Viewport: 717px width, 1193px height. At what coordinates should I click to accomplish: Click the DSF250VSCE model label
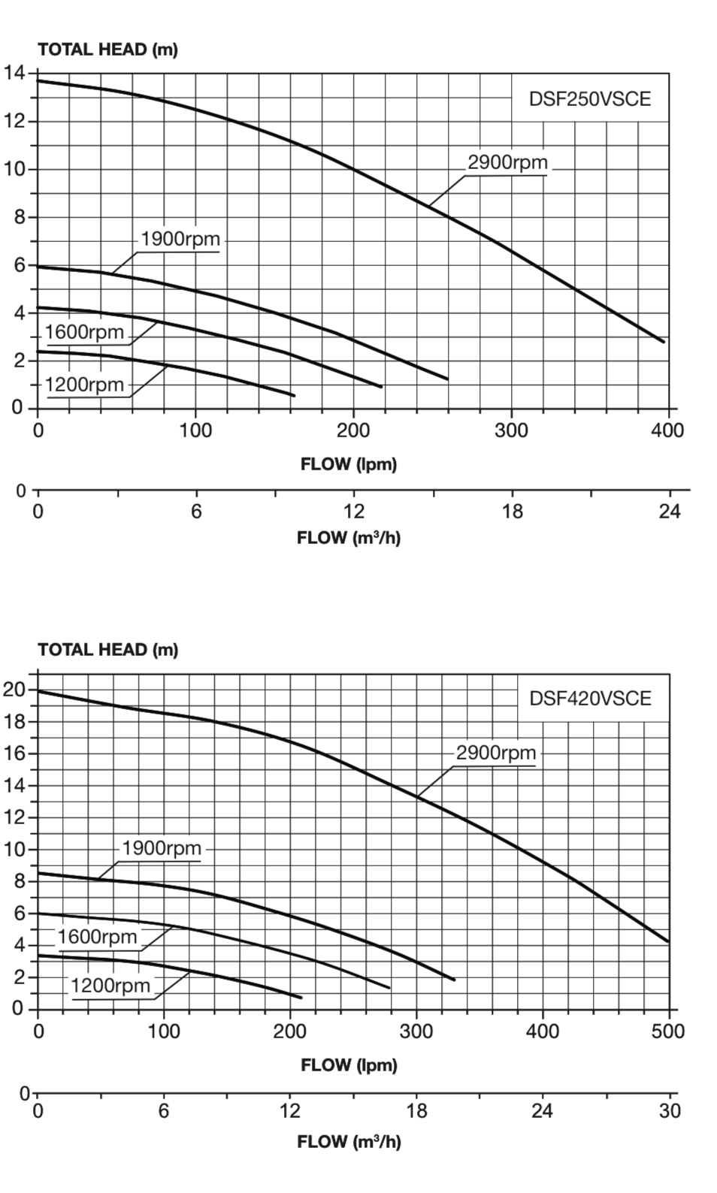pos(590,99)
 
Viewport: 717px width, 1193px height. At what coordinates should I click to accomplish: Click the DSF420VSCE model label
pos(590,699)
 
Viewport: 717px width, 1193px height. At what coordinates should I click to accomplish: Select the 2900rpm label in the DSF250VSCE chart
pos(508,162)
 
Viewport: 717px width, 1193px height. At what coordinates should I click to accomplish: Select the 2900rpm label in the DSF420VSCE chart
pos(496,753)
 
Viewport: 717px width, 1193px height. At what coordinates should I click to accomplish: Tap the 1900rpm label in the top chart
pos(180,239)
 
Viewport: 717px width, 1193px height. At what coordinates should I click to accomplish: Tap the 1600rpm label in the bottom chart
pos(98,937)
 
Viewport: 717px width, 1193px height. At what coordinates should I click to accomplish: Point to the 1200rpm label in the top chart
pos(84,385)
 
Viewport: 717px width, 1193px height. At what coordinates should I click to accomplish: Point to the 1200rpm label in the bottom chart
pos(110,986)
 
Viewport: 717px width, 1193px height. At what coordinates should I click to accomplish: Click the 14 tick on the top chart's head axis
pos(14,73)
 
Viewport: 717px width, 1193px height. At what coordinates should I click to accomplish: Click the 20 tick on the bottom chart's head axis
pos(14,689)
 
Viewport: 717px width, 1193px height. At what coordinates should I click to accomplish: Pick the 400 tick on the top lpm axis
pos(667,430)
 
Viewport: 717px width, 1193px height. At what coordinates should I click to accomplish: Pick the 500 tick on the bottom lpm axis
pos(668,1031)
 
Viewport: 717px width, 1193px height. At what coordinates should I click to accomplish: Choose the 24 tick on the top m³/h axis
pos(669,512)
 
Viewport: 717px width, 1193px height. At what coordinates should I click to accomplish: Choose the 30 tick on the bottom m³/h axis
pos(669,1111)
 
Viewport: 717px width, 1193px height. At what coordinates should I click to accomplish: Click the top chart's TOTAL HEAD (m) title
pos(107,50)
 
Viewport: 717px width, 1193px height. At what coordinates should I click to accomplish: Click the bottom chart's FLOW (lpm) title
pos(349,1065)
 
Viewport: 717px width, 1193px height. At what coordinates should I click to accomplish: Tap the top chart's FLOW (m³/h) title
pos(349,538)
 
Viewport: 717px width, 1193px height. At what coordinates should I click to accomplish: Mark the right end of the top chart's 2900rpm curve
pos(663,342)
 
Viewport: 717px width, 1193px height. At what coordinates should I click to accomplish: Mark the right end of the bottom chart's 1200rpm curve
pos(301,997)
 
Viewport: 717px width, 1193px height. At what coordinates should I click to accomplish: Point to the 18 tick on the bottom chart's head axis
pos(14,721)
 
